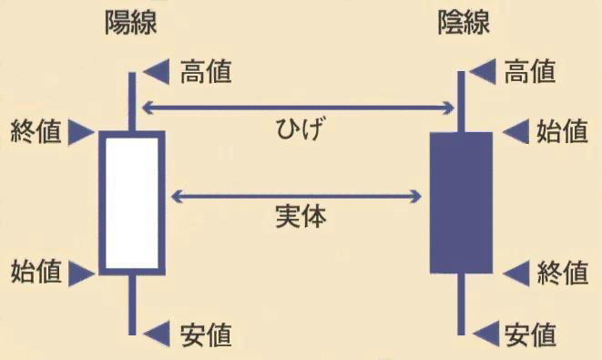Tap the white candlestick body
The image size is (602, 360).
click(132, 202)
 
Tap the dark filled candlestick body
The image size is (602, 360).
click(461, 202)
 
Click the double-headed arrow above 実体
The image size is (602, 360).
click(297, 195)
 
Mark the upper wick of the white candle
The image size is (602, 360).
click(132, 102)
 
